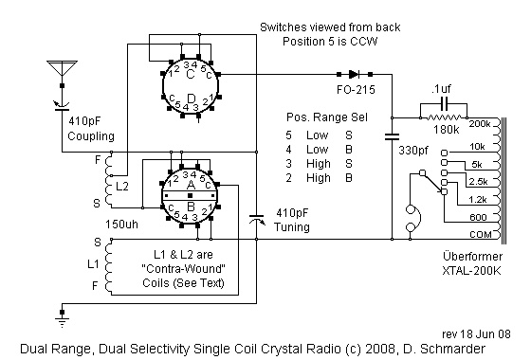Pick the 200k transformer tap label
(x=481, y=123)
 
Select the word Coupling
(x=90, y=135)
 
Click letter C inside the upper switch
(x=191, y=73)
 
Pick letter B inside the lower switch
(x=191, y=203)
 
